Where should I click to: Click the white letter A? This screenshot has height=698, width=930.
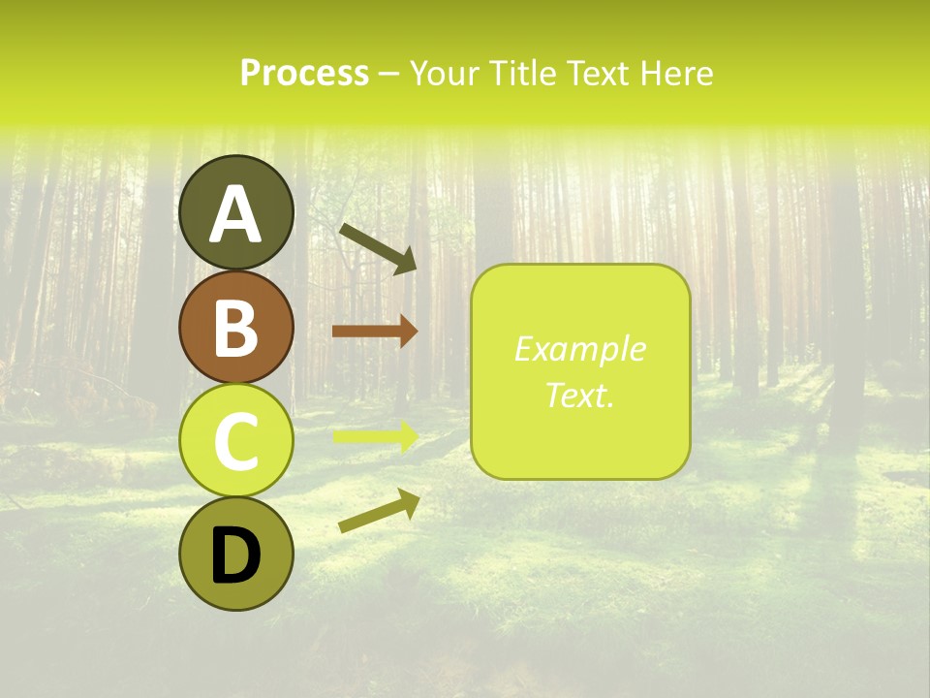(x=236, y=214)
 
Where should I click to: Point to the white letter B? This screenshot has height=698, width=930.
(x=236, y=328)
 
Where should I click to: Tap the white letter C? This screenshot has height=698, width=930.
(x=236, y=441)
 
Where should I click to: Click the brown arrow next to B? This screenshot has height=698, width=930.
(x=374, y=332)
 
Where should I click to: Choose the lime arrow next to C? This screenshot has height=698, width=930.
(x=374, y=436)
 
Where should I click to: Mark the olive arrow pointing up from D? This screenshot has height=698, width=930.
(x=379, y=510)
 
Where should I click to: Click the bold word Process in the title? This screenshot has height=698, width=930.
(x=304, y=74)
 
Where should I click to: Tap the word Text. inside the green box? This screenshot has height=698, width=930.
(x=579, y=396)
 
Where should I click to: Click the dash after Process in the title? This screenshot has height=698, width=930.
(x=388, y=75)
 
